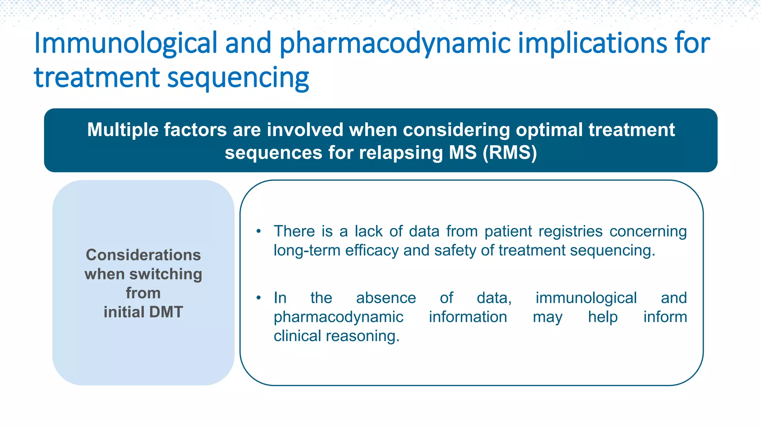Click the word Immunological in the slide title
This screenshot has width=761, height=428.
tap(126, 43)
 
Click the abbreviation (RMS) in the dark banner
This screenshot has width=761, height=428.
tap(510, 153)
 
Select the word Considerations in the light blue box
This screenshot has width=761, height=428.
tap(143, 255)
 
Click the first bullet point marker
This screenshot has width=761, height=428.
tap(259, 231)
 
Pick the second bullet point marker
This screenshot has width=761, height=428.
tap(259, 298)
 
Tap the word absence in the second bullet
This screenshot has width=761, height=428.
tap(386, 298)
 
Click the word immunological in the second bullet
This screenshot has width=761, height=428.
tap(586, 298)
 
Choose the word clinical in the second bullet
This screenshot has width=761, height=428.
tap(297, 336)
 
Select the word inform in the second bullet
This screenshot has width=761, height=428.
tap(665, 317)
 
